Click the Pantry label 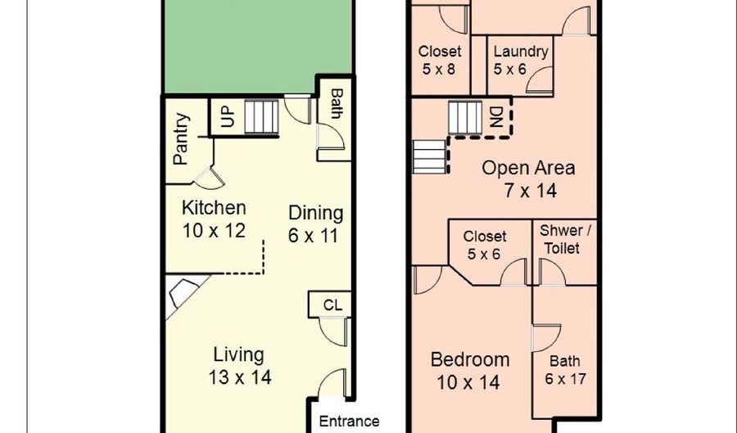181,139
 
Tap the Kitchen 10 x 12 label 214,219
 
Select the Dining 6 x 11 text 315,224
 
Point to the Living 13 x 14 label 240,366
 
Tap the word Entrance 349,422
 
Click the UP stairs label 227,116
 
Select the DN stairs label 496,117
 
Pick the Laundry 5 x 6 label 520,60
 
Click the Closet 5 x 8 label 440,60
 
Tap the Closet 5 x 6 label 484,245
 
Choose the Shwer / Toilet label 565,239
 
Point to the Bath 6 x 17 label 565,370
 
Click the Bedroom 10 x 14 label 469,371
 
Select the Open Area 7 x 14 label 529,179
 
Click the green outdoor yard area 258,45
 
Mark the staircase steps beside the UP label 262,116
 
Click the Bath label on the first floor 336,104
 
